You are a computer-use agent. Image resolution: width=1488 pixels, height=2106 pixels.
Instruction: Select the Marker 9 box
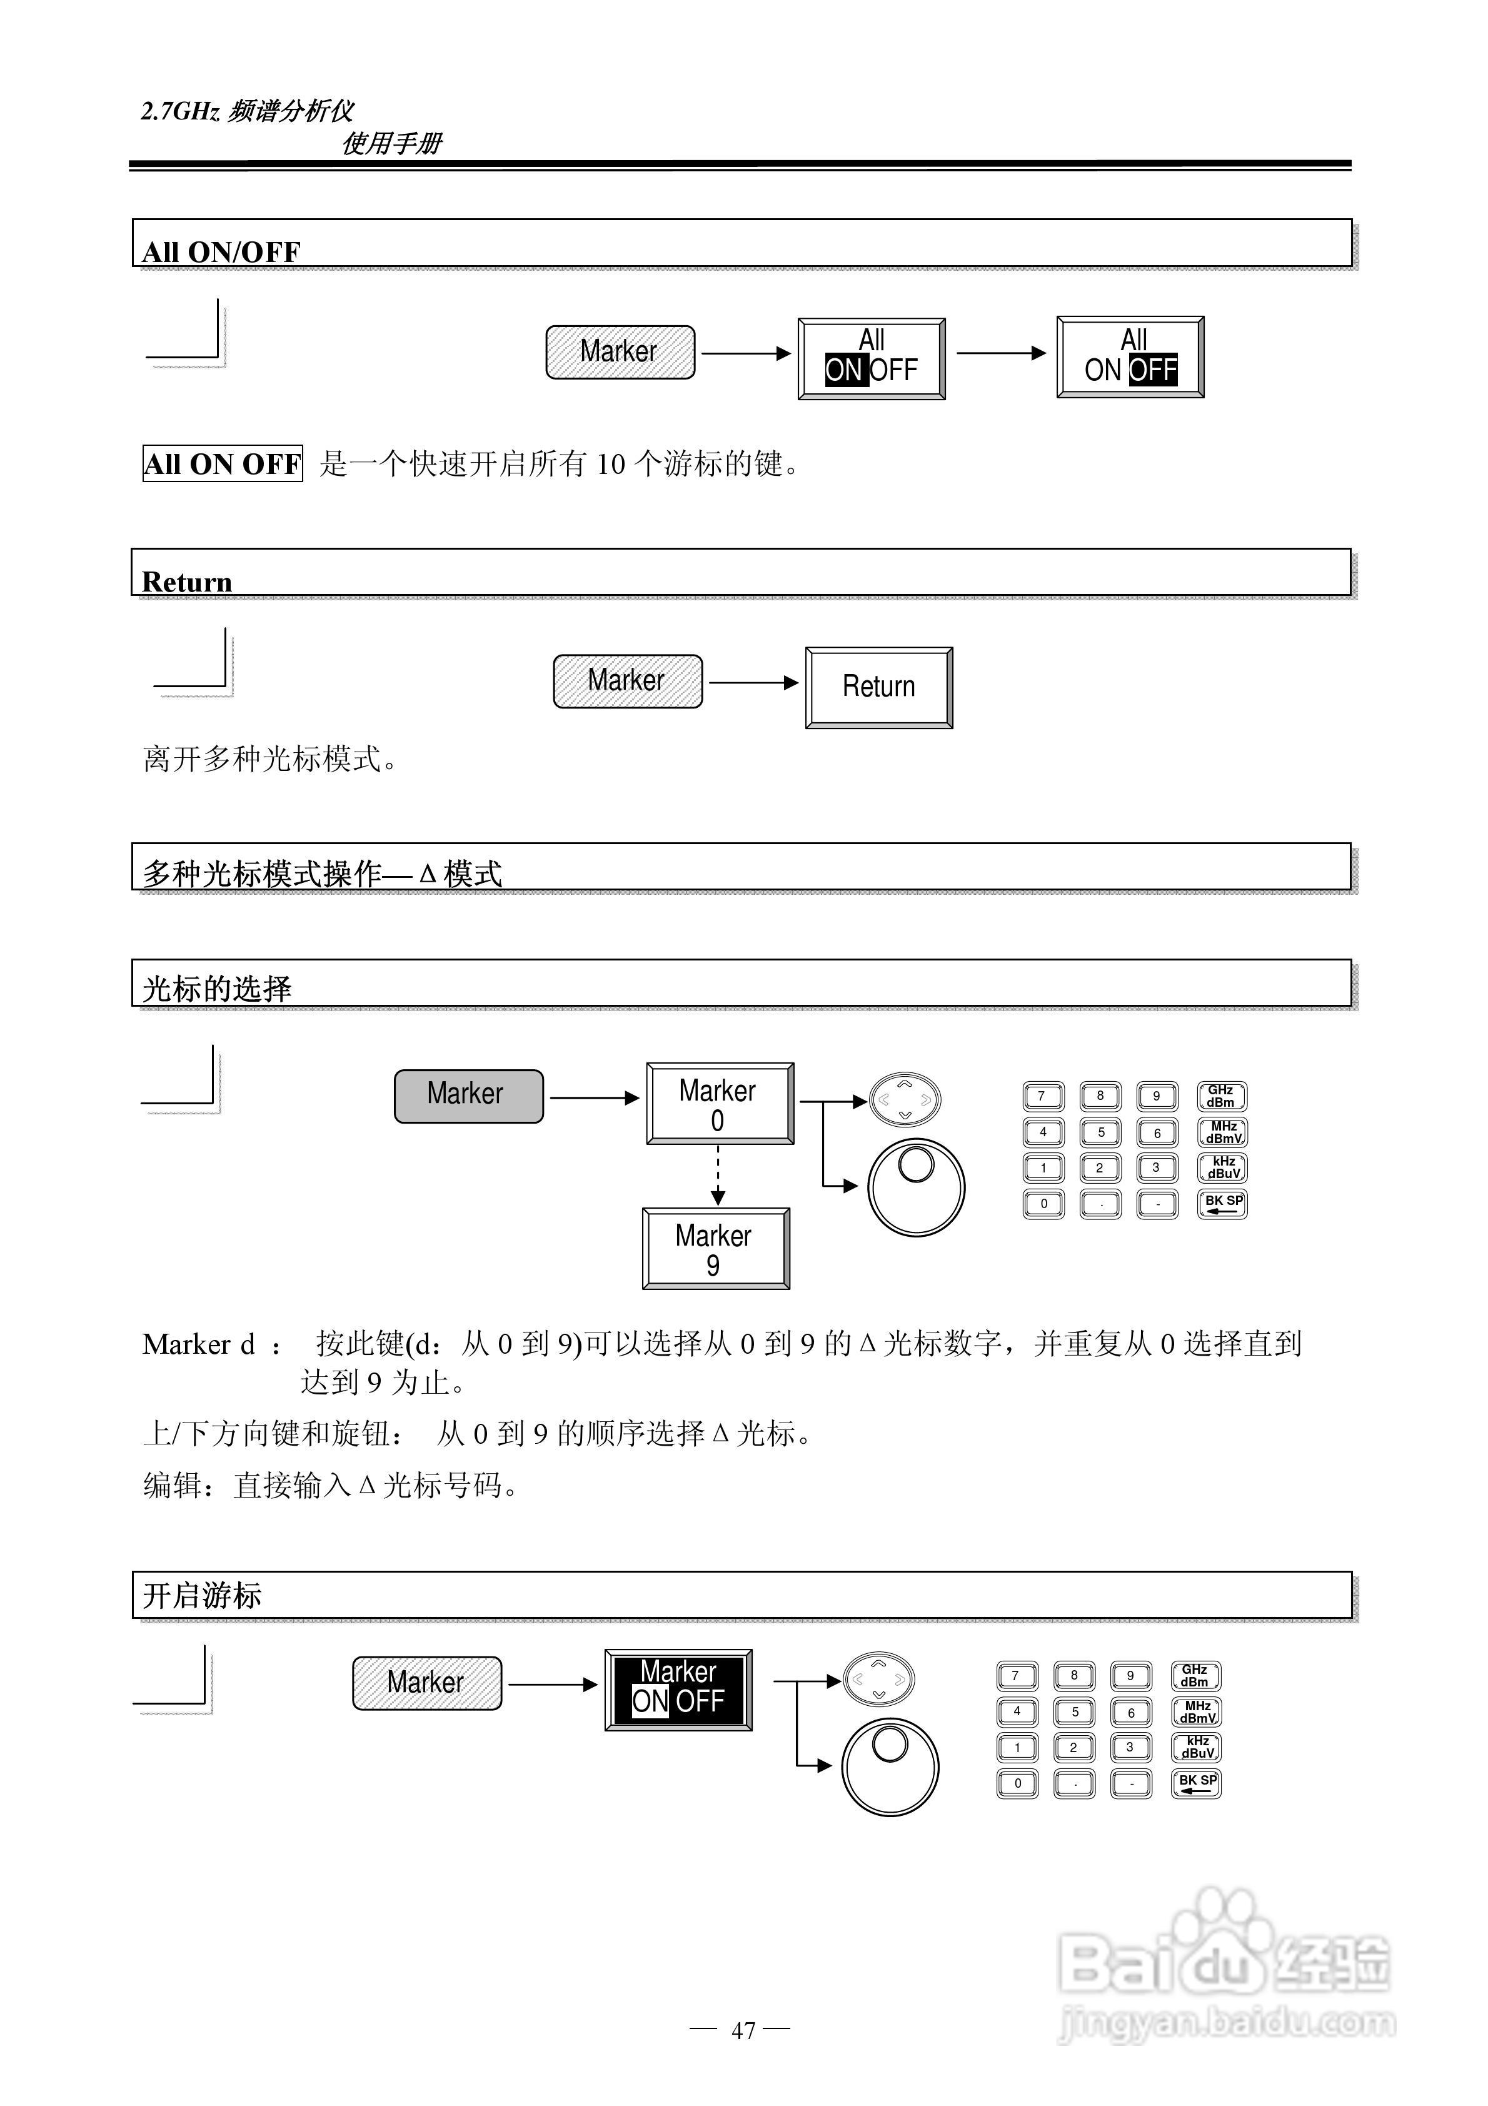coord(716,1248)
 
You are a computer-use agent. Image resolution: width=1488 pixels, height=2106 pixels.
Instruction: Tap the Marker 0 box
coord(719,1104)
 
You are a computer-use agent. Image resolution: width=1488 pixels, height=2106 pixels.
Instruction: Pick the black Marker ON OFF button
coord(678,1690)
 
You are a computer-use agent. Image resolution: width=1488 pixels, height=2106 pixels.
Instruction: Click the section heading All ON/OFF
coord(221,251)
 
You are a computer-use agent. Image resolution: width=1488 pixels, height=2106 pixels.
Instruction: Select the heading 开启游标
coord(202,1596)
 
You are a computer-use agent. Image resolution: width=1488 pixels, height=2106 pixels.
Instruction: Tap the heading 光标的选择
coord(216,989)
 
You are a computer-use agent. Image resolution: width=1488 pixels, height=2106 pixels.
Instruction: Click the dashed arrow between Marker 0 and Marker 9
coord(718,1175)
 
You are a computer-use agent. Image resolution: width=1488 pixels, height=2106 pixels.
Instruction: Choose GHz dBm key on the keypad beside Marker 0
coord(1221,1096)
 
